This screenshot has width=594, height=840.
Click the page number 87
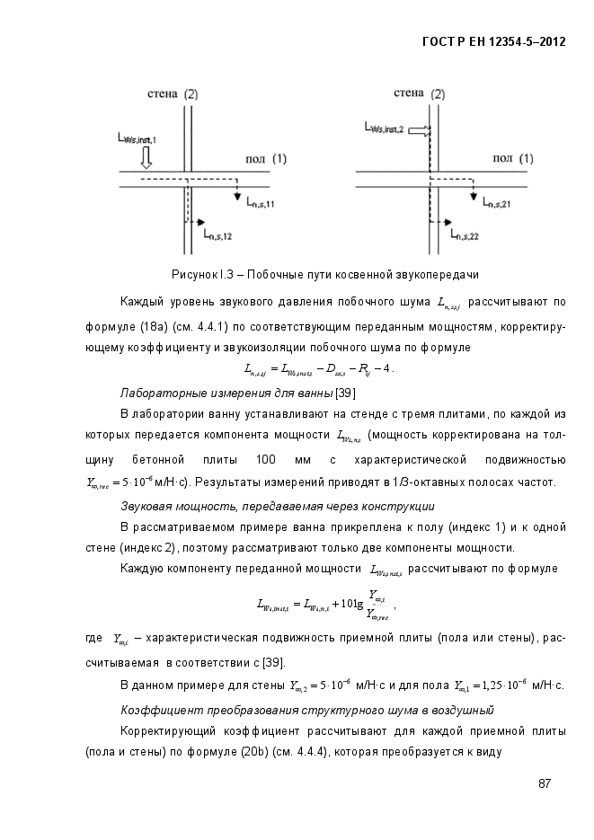545,783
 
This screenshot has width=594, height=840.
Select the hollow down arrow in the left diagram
147,157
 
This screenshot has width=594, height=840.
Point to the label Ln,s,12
218,235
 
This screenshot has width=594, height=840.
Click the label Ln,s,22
461,235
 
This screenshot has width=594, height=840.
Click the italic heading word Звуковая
147,507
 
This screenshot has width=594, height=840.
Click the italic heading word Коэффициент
157,711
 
